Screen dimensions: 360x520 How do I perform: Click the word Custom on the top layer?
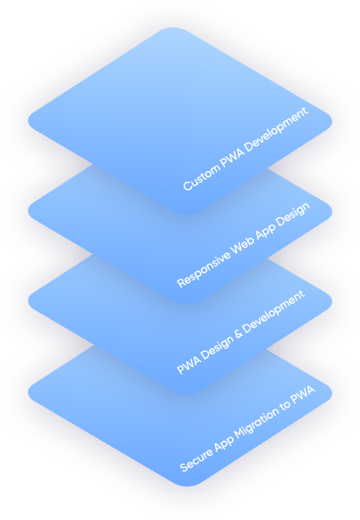[201, 177]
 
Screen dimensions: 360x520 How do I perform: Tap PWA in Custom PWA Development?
[232, 157]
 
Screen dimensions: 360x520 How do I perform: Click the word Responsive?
[204, 269]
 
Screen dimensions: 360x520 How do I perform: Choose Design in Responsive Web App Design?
[293, 215]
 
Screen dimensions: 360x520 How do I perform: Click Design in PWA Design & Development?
[217, 348]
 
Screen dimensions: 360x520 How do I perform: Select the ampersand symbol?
[238, 334]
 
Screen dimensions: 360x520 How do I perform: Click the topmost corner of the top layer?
[172, 28]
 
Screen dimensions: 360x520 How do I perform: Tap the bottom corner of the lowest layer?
[188, 486]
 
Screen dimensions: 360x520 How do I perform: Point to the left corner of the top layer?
[29, 121]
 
